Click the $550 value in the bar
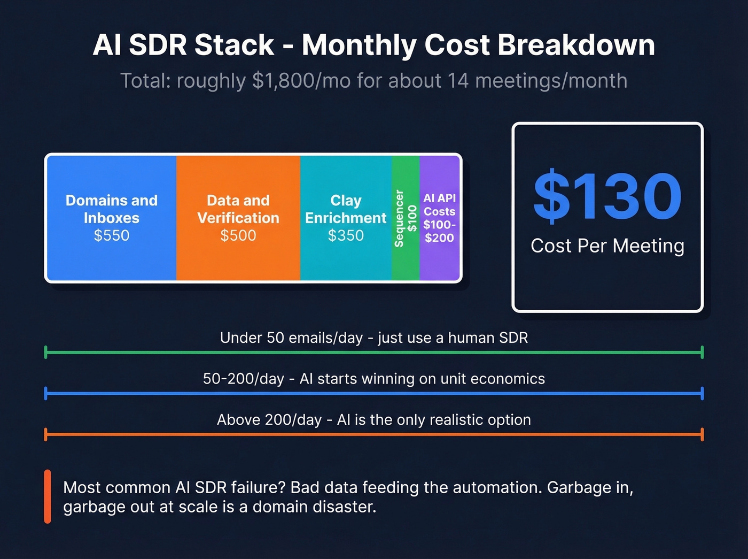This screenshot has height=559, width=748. pos(112,235)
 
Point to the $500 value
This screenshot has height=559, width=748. pos(238,235)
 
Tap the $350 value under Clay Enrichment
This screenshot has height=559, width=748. pos(346,235)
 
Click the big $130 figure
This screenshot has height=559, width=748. pos(607,196)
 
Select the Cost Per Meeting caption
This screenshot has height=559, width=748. pos(607,246)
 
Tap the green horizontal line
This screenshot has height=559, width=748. pos(374,353)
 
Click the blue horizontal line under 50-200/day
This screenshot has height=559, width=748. pos(374,394)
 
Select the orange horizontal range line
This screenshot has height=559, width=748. pos(374,434)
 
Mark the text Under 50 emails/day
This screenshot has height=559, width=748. pos(291,338)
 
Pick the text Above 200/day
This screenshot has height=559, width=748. pos(269,420)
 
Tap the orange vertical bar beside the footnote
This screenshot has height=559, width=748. pos(48,496)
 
